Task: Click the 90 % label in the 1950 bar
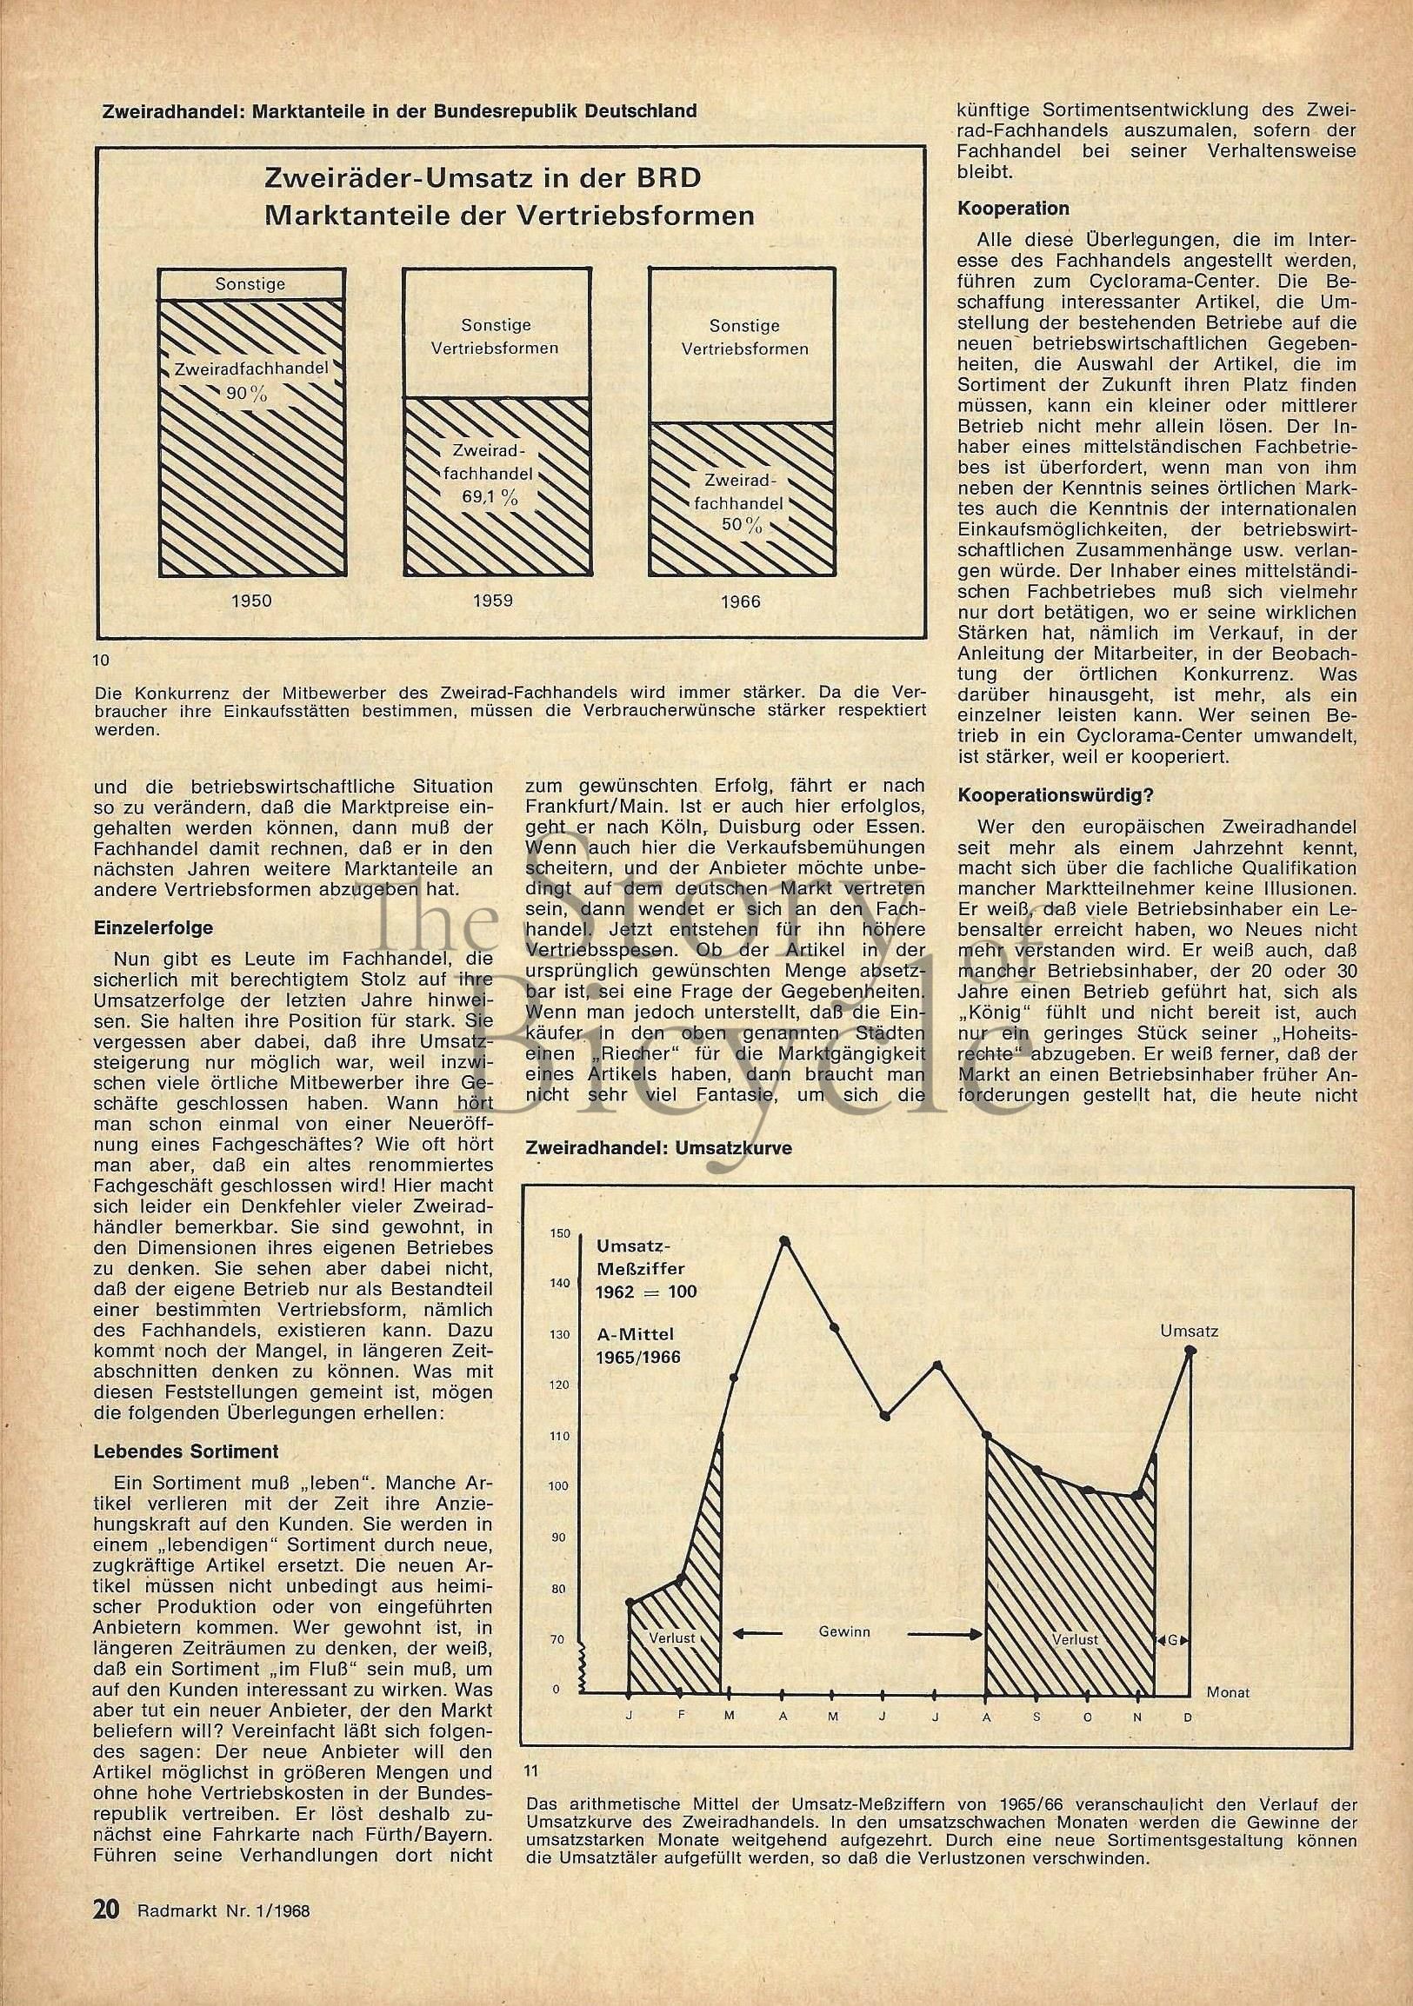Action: click(246, 393)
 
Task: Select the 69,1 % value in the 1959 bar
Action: click(497, 498)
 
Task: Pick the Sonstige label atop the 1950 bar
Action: click(250, 284)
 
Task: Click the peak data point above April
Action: click(783, 1239)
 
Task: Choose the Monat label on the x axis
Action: click(1228, 1691)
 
